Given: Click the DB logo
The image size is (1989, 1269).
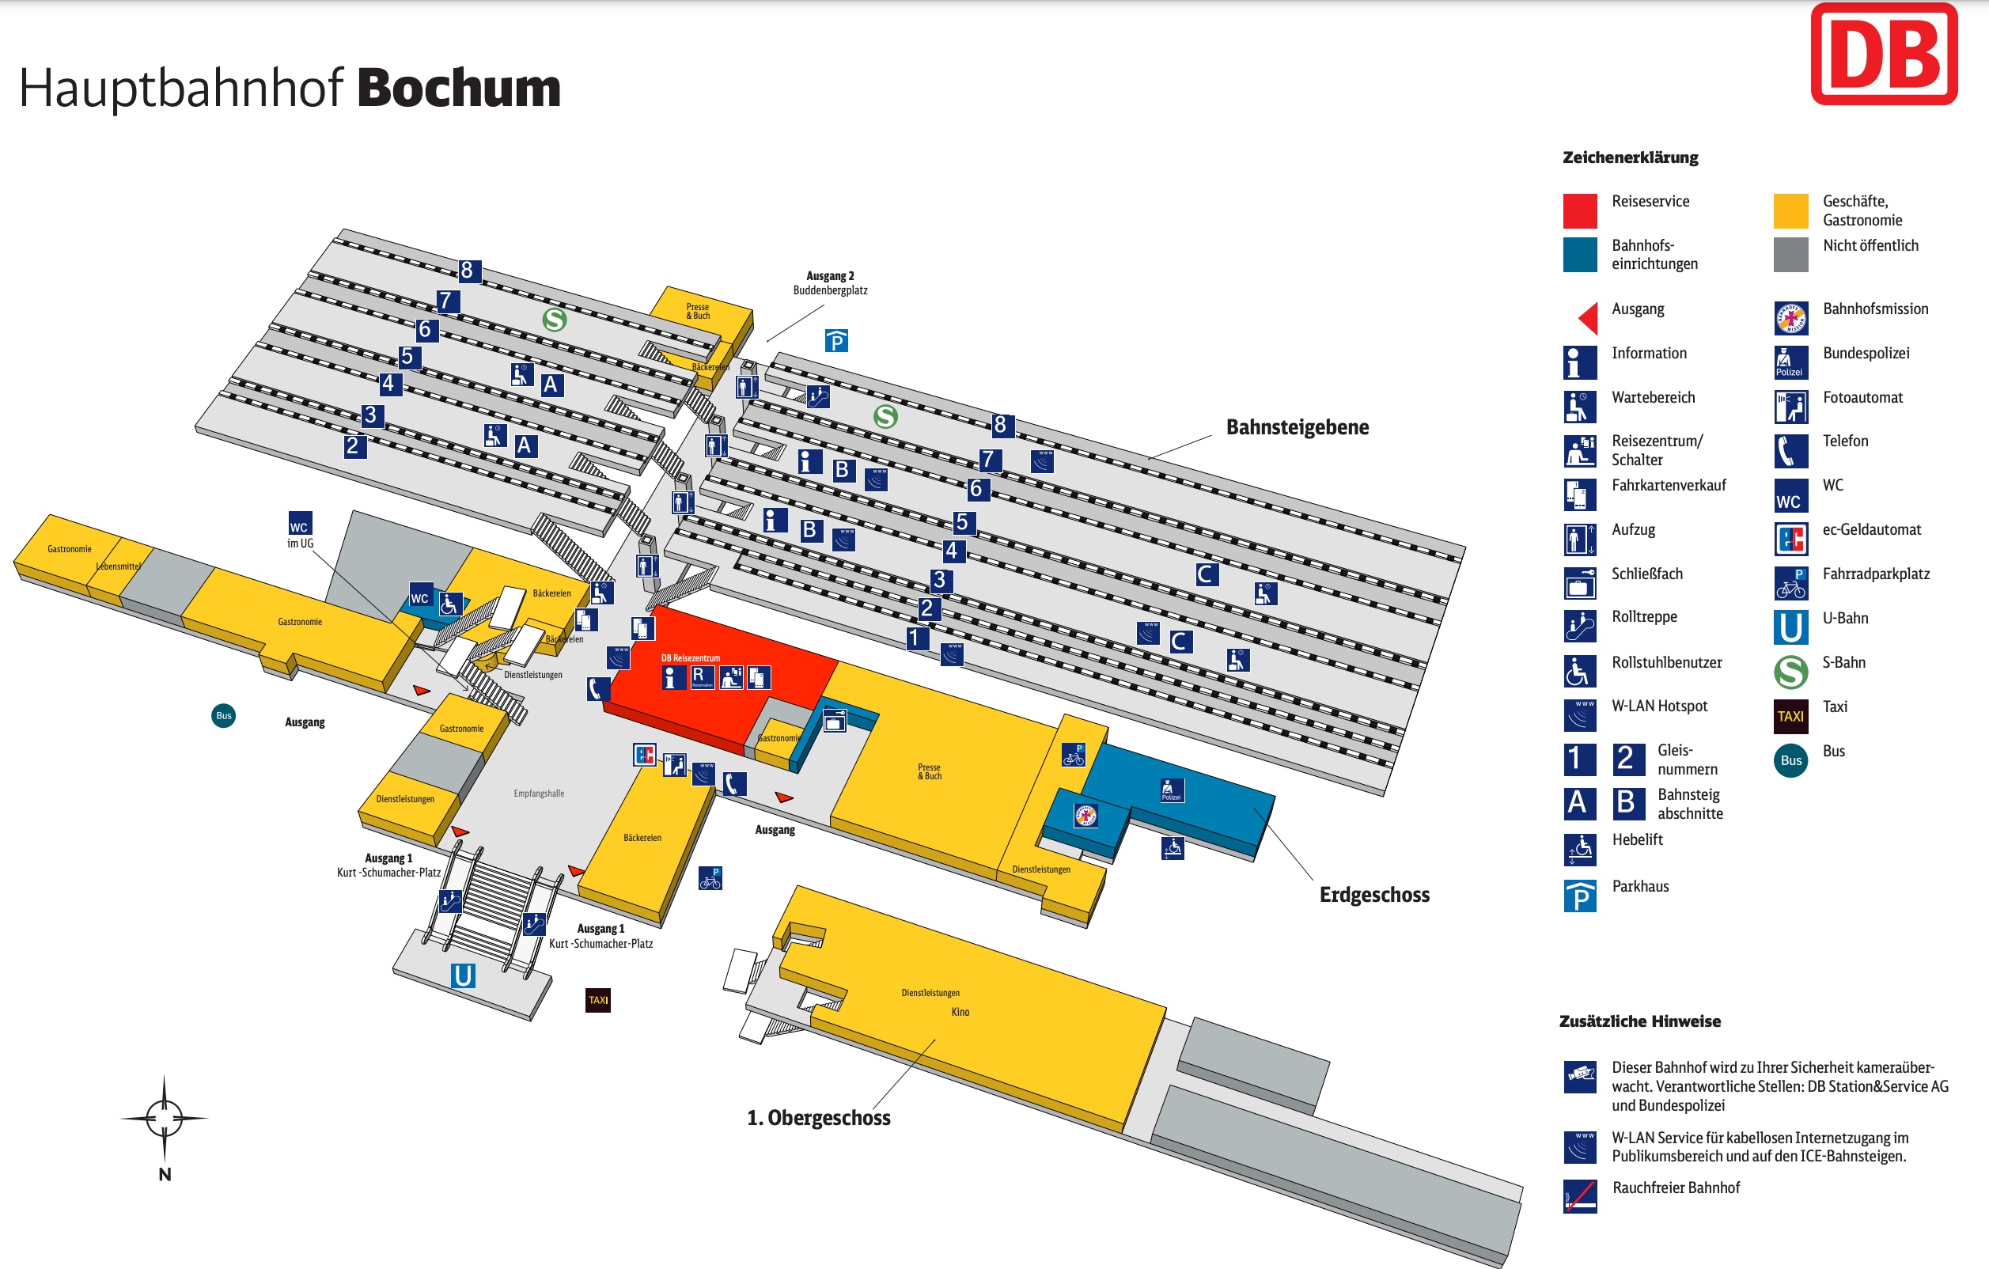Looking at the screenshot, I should [x=1883, y=55].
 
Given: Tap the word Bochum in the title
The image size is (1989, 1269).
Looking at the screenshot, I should [x=458, y=89].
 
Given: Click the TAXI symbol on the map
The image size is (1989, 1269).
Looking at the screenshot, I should [x=598, y=1000].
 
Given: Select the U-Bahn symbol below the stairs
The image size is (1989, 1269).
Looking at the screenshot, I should [x=463, y=975].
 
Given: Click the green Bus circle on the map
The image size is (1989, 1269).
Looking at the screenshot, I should [x=224, y=715].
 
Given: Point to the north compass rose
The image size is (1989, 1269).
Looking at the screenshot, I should [x=165, y=1119].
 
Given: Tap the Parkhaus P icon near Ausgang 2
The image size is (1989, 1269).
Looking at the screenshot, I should [x=836, y=340].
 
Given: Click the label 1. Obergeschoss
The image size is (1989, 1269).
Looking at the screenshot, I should [x=819, y=1118].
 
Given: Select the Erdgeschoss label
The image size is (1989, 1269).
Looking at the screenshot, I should [x=1373, y=895].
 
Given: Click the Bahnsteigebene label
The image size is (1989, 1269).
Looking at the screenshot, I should [x=1297, y=427].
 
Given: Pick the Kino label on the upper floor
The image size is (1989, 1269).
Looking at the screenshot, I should [x=960, y=1012].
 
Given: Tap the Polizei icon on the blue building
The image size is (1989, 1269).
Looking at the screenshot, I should [x=1170, y=790].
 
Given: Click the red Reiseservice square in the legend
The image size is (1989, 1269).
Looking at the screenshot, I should [x=1579, y=210].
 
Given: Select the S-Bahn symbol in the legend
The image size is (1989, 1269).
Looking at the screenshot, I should [x=1790, y=672].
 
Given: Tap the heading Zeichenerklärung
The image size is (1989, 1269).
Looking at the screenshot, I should [x=1630, y=157].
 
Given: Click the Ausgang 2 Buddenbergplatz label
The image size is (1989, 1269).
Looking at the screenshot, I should [x=830, y=283].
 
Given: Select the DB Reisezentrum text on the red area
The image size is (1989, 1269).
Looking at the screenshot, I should [x=691, y=658].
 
